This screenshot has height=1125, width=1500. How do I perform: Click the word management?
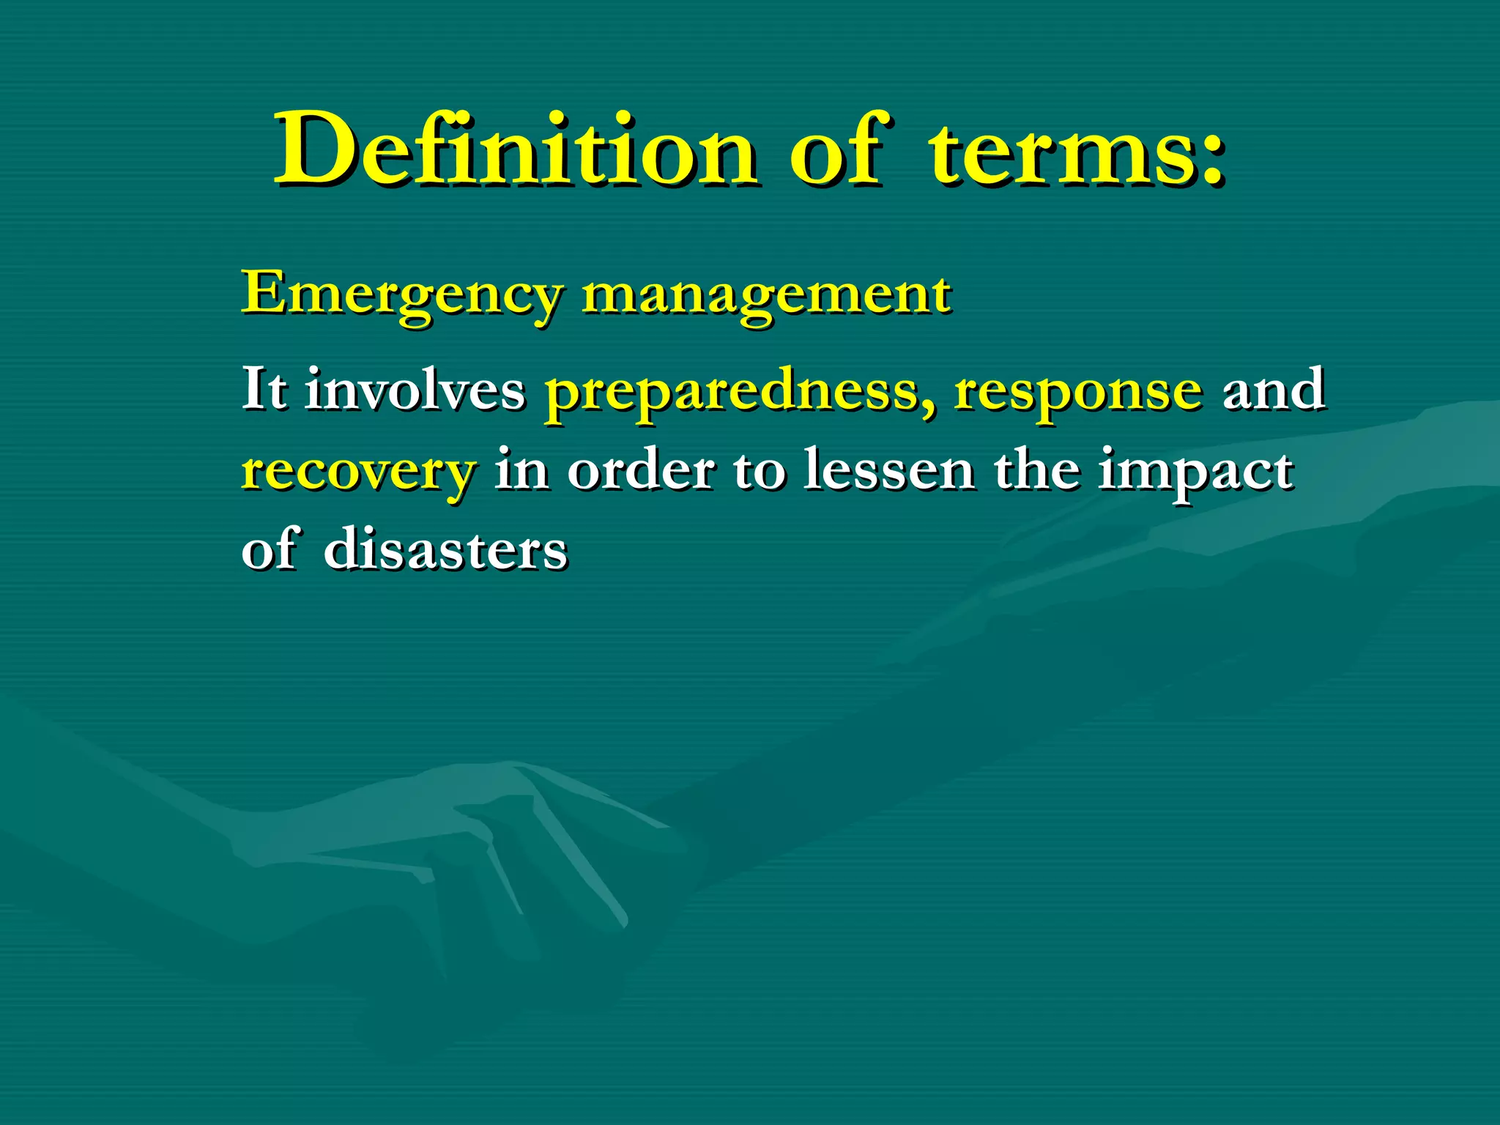tap(766, 294)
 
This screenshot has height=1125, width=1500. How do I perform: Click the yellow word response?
tap(1077, 393)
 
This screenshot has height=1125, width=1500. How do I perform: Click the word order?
tap(641, 469)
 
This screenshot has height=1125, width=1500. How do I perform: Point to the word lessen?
tap(889, 469)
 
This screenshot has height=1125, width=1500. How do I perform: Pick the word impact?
tap(1195, 472)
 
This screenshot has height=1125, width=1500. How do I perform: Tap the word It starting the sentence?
tap(264, 390)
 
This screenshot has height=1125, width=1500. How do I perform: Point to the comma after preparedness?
tap(929, 410)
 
